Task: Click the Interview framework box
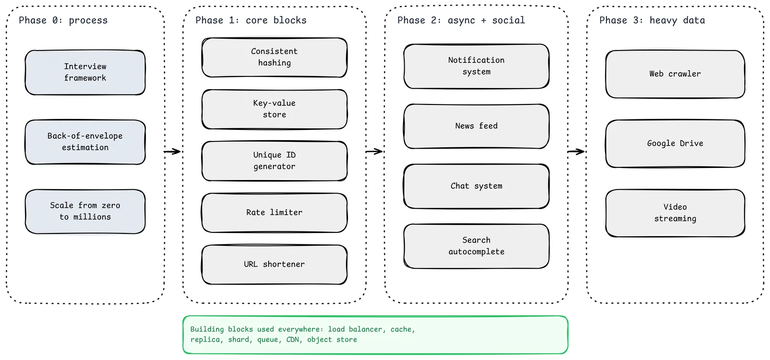point(85,73)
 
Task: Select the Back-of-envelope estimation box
point(85,142)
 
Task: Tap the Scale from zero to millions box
point(85,211)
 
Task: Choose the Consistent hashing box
point(274,57)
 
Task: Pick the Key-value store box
point(274,109)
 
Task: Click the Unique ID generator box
point(274,161)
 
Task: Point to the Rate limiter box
point(274,213)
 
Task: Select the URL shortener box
point(274,264)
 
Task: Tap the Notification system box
point(476,66)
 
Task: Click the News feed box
point(476,126)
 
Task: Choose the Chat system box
point(476,186)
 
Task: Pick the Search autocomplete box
point(476,246)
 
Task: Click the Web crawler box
point(675,74)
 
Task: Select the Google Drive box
point(675,144)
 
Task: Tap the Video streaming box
point(675,213)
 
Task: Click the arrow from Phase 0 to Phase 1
point(172,151)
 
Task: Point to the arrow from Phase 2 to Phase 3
point(576,151)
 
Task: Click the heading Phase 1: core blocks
point(251,20)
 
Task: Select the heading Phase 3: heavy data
point(652,20)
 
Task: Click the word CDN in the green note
point(293,340)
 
